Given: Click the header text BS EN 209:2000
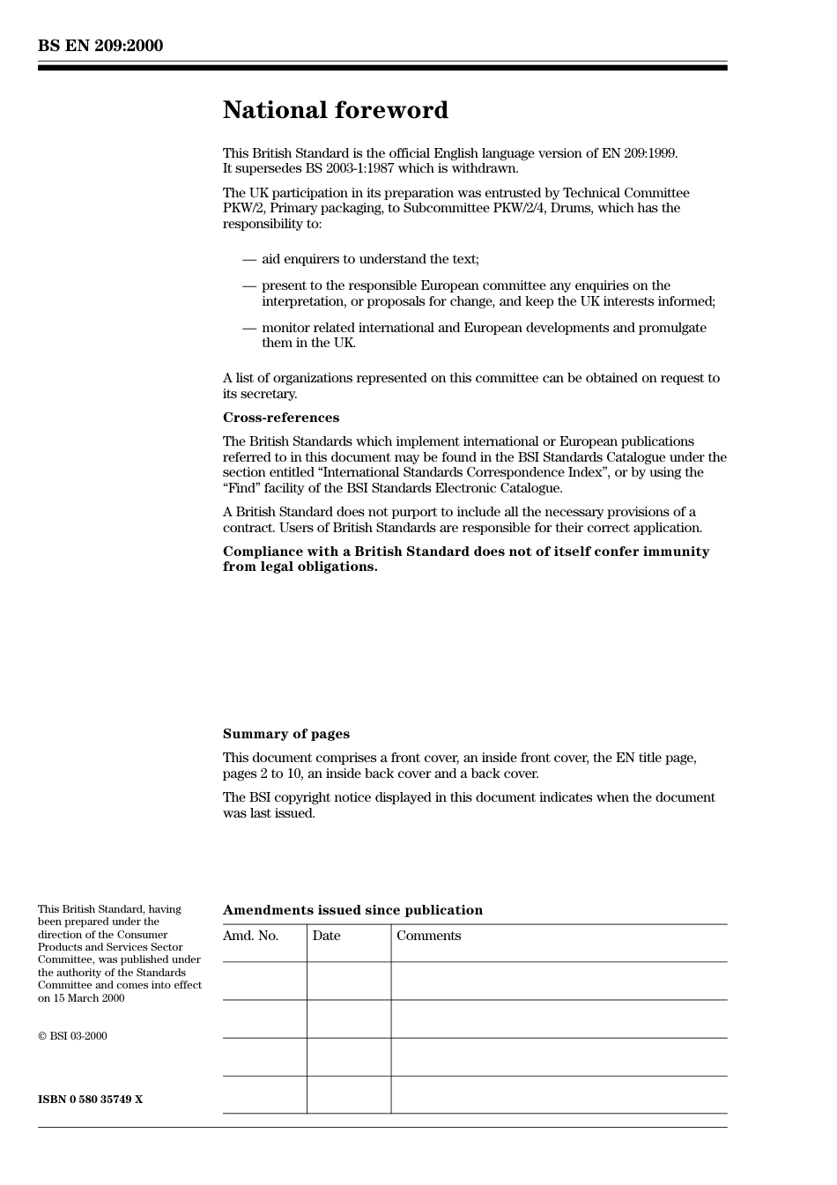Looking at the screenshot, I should click(100, 46).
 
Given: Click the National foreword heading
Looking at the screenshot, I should click(335, 110).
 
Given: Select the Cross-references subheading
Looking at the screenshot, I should click(280, 418).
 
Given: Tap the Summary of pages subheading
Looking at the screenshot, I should click(285, 734).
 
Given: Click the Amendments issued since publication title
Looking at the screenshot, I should click(352, 910).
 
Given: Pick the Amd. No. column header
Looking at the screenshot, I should click(250, 936).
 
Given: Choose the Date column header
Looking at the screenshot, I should click(326, 936).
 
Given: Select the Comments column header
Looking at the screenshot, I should click(428, 936).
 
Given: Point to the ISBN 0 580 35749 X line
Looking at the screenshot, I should click(90, 1100).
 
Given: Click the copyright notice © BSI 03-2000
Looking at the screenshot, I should click(72, 1036).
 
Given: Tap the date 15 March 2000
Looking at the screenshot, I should click(88, 998).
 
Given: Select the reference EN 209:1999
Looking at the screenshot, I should click(639, 153).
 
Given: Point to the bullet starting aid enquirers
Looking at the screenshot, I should click(370, 259).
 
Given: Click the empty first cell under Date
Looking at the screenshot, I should click(349, 981).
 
